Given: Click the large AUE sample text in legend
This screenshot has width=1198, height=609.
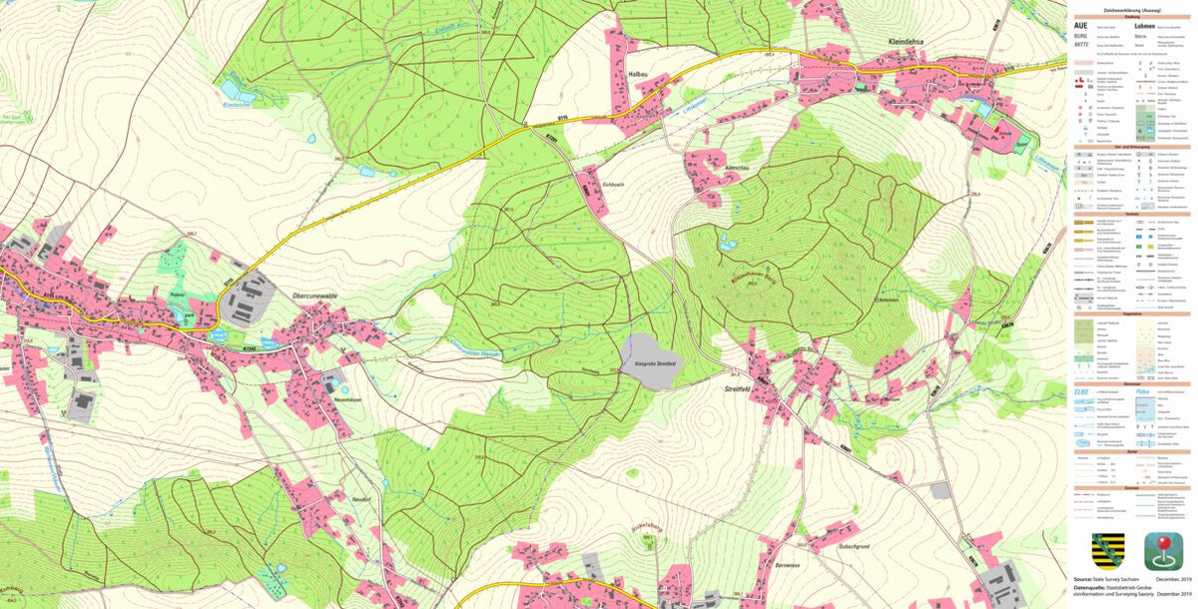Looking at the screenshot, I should click(x=1078, y=26).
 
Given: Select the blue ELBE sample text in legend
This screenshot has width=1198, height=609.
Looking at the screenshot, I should click(x=1079, y=392).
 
